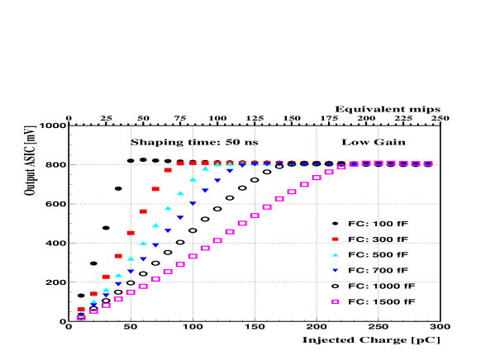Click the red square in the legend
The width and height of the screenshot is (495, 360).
(336, 239)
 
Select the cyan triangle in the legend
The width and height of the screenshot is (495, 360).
(336, 255)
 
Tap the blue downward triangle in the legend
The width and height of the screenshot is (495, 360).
(336, 270)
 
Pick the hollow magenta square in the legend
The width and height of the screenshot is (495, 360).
(336, 301)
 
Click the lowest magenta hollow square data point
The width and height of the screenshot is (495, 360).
(81, 317)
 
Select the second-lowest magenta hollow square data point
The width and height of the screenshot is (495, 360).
(93, 311)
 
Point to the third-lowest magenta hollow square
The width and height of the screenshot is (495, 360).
(106, 306)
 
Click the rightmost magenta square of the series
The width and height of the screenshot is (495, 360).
(428, 163)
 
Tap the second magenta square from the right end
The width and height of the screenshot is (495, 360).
(416, 163)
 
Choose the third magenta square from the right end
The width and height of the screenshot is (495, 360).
(403, 163)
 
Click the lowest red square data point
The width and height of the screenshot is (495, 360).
(81, 310)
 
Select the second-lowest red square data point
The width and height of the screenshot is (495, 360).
(93, 294)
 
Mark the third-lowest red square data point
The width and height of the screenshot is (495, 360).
(106, 277)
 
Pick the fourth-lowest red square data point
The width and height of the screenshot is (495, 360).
(118, 256)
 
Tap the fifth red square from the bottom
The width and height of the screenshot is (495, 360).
(131, 233)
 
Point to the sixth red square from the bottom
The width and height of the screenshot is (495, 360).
(143, 211)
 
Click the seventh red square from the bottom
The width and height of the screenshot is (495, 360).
(155, 189)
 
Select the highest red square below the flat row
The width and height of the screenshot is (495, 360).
(168, 170)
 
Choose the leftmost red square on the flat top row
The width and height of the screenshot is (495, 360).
(180, 163)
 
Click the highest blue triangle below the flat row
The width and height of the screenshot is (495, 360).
(230, 170)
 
